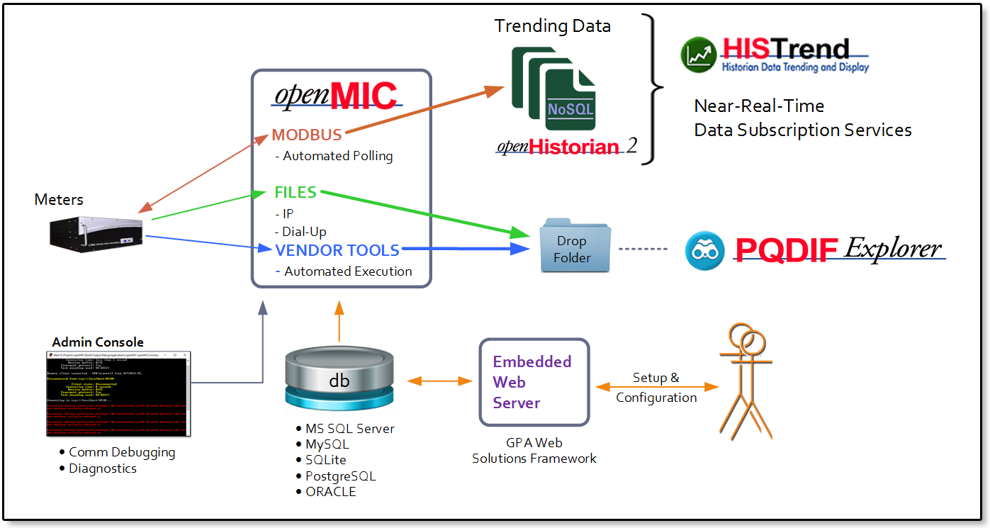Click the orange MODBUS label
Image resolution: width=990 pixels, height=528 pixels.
tap(307, 135)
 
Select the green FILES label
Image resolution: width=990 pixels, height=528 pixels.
tap(296, 192)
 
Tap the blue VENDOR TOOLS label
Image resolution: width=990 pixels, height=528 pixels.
tap(337, 249)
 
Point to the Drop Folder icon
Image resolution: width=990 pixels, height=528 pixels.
tap(573, 245)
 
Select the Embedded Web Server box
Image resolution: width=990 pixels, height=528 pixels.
tap(534, 382)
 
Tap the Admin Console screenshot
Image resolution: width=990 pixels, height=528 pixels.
tap(118, 393)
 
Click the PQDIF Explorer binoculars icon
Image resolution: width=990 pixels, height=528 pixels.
tap(705, 250)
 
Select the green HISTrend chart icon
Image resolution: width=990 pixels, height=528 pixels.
tap(698, 55)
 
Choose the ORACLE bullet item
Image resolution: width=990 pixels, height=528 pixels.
tap(330, 492)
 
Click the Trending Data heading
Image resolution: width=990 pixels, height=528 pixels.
tap(552, 26)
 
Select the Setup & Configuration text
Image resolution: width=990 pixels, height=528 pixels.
tap(656, 388)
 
